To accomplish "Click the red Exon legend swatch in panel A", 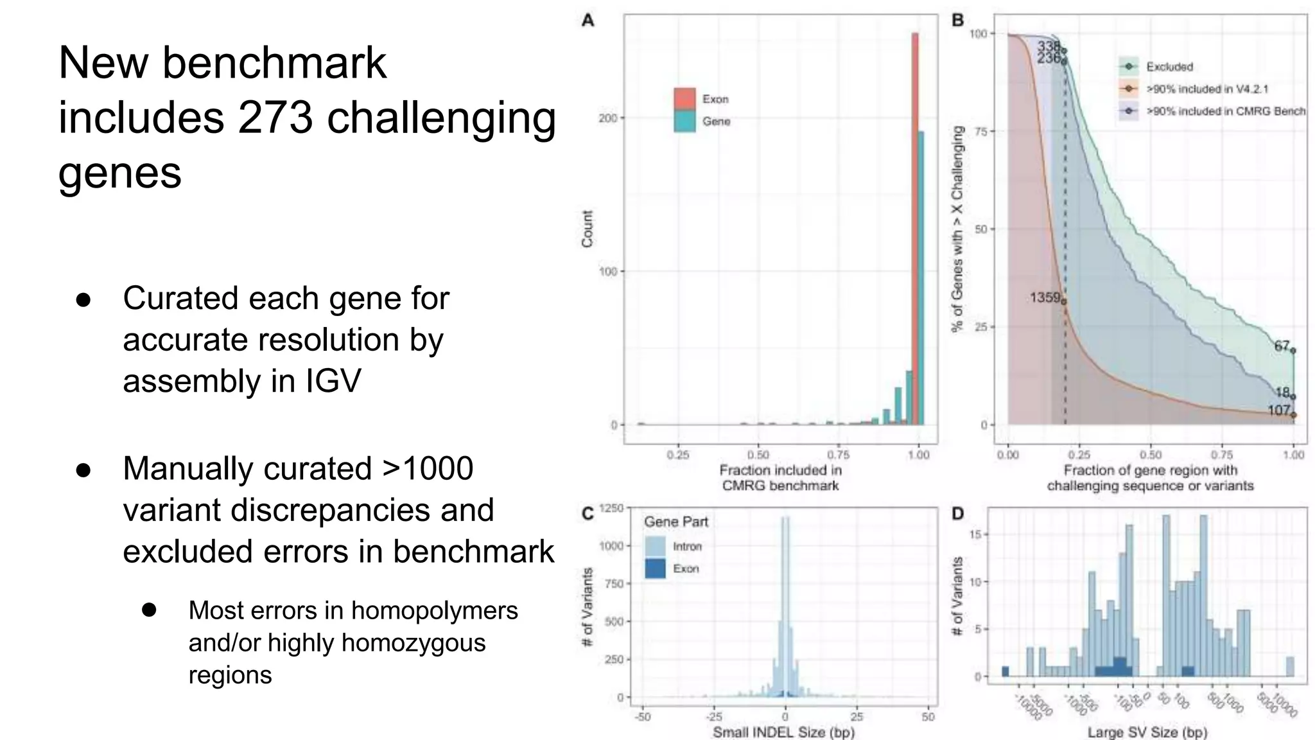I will click(684, 98).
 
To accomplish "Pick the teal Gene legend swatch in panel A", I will click(684, 121).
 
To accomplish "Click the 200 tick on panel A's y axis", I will click(607, 118).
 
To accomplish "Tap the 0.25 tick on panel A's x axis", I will click(678, 455).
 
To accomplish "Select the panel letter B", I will click(957, 21).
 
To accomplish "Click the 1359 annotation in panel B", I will click(1045, 297).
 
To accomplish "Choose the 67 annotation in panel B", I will click(1282, 346).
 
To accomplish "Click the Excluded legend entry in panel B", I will click(1169, 67).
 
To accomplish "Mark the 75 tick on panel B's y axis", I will click(980, 132).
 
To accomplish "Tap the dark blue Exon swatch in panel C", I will click(655, 568).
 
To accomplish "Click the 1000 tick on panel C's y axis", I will click(611, 546).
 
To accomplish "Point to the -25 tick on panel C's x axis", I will click(713, 717).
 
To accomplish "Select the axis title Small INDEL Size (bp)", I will click(783, 732).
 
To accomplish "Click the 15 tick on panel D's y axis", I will click(977, 534).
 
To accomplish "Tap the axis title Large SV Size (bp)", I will click(1147, 732).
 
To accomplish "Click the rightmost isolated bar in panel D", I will click(1290, 667).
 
